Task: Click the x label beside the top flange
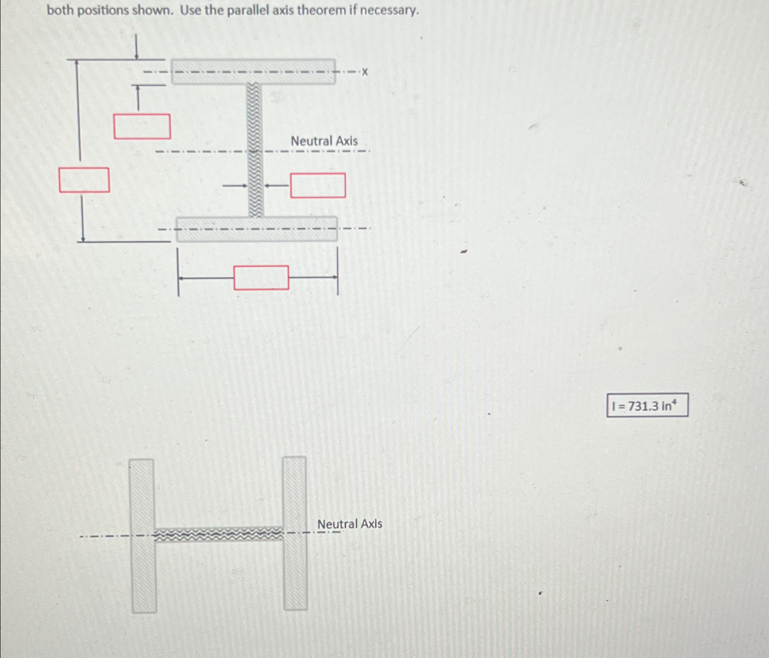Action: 365,72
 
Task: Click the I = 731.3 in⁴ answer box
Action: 647,405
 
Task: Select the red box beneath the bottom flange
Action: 261,278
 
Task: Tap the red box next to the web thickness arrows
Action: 318,185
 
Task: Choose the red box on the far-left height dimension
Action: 84,180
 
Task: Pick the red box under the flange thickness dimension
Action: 142,126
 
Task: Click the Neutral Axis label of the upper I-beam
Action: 324,141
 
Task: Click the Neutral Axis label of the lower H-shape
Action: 349,524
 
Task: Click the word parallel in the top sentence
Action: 247,10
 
